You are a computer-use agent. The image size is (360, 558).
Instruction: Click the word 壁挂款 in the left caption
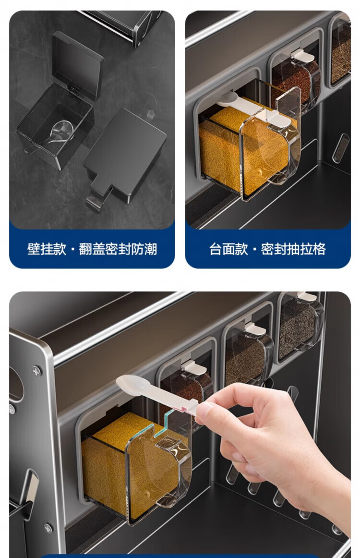47,249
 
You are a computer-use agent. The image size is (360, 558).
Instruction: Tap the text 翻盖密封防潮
118,249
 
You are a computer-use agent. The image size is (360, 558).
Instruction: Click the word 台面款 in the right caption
228,249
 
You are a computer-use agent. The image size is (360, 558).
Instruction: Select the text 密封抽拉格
293,249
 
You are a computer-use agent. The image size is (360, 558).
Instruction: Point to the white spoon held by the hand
156,393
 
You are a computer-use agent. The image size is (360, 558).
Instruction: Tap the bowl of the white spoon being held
129,383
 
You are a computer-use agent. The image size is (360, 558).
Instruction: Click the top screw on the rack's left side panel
36,371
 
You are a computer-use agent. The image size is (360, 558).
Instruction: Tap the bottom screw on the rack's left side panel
48,528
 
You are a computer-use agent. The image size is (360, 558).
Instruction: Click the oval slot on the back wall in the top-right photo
341,148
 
